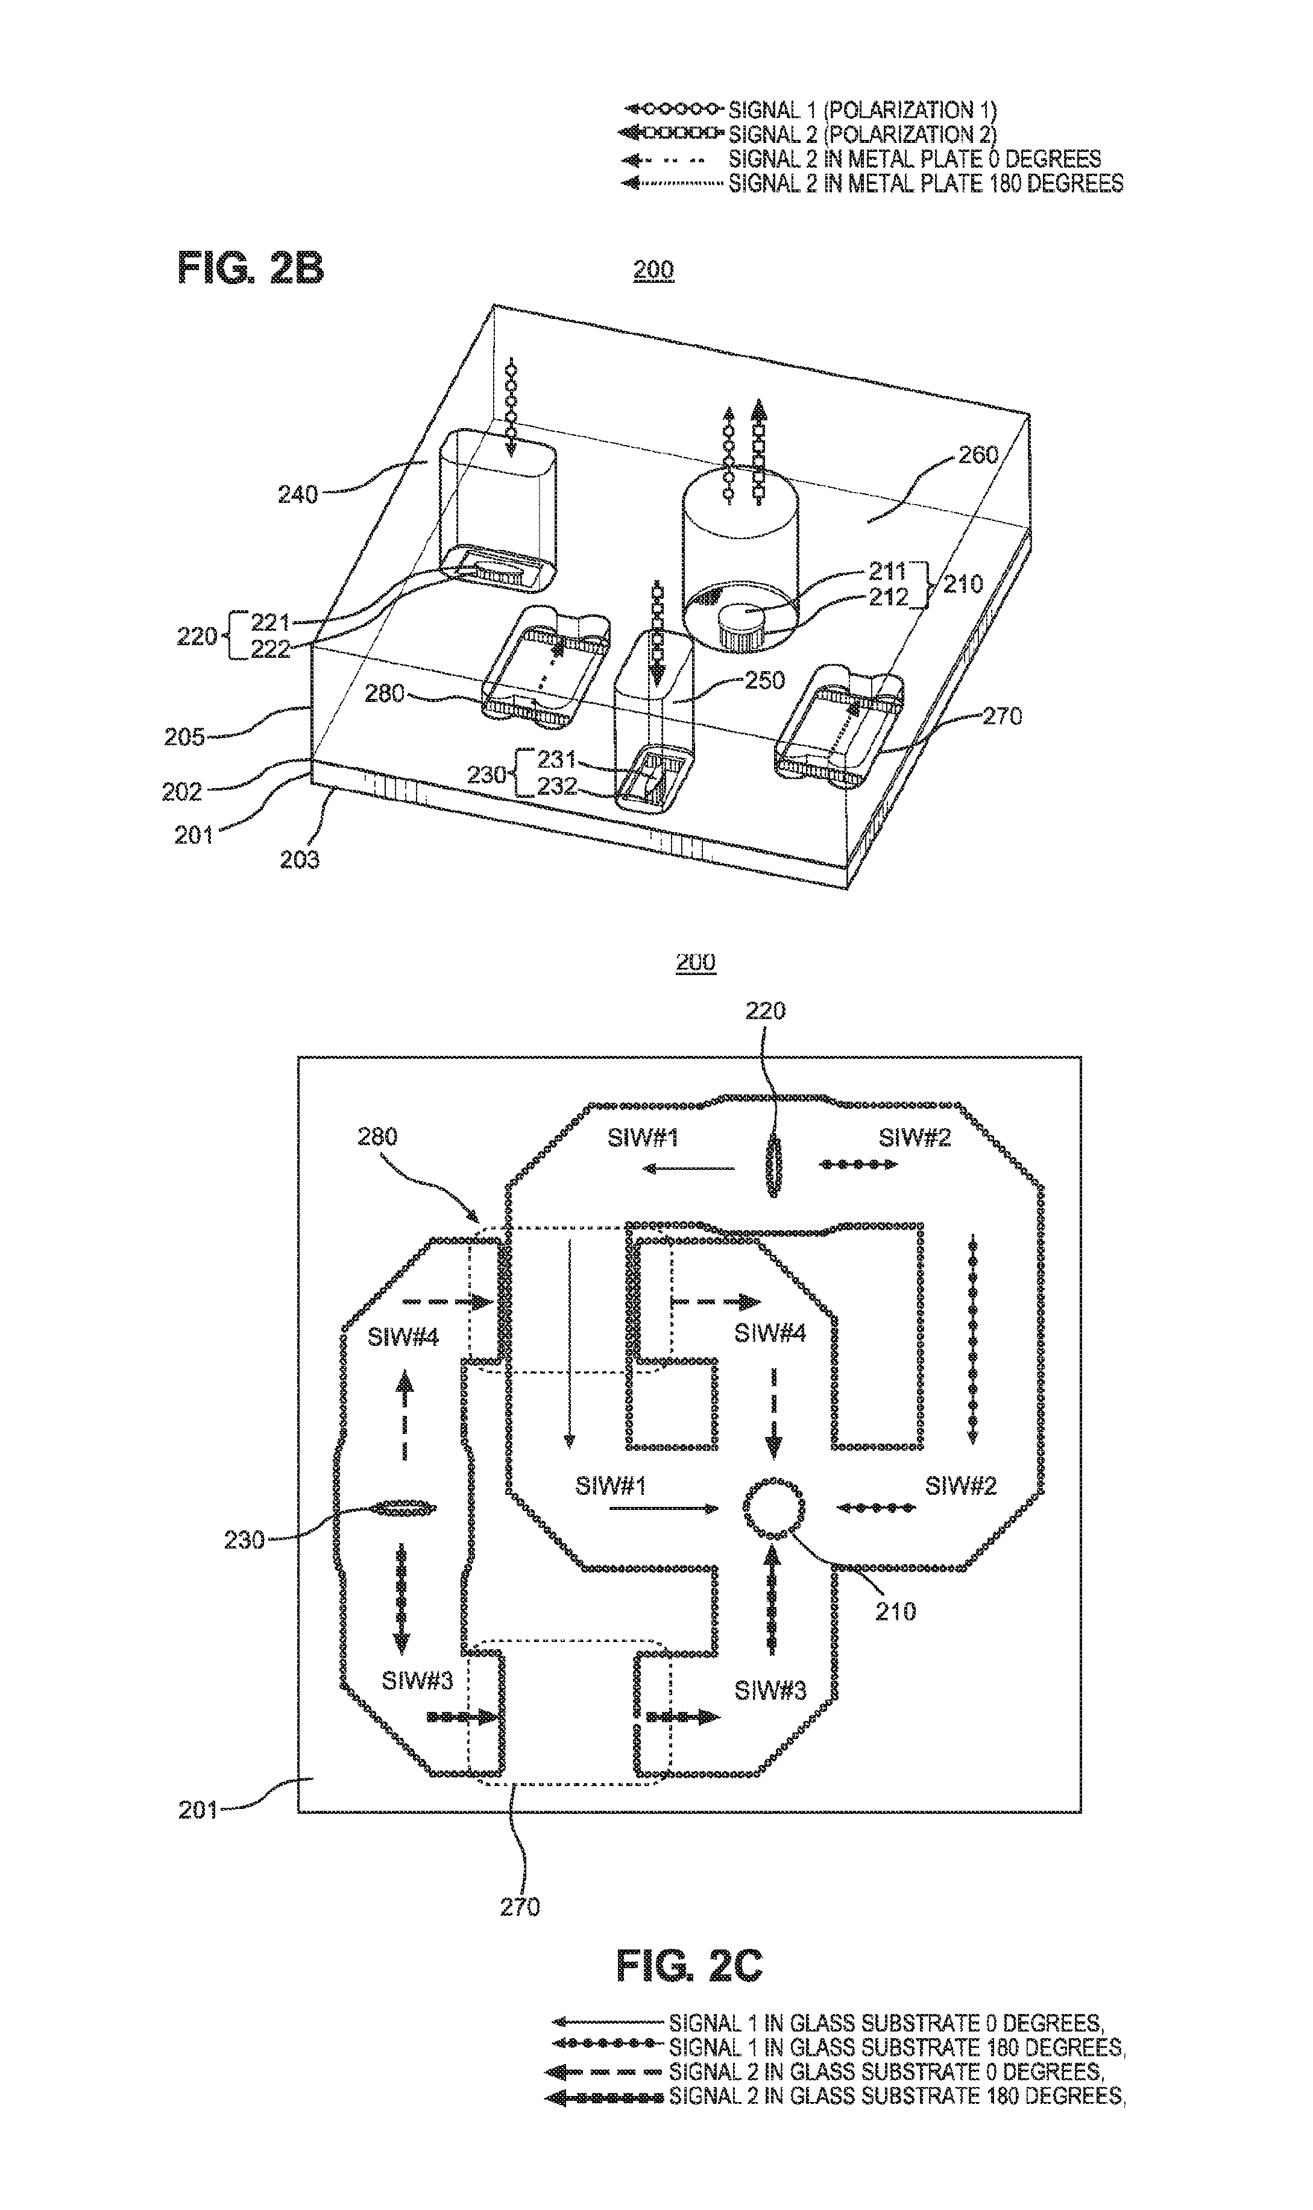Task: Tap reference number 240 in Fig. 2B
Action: tap(298, 494)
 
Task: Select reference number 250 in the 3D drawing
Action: tap(764, 680)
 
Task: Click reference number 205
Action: tap(184, 736)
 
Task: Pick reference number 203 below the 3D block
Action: tap(299, 859)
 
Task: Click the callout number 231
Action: tap(556, 759)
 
